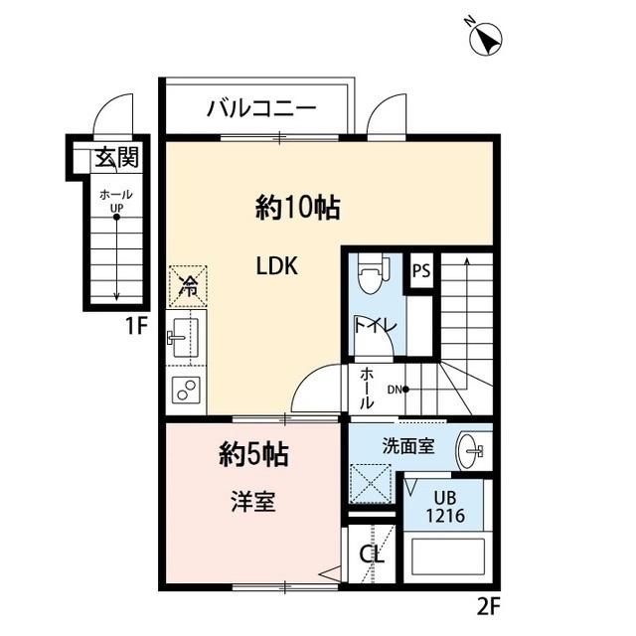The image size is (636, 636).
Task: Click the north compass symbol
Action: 486,38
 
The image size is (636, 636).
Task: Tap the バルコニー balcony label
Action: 261,108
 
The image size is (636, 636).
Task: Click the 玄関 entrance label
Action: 115,157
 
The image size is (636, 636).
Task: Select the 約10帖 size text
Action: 298,208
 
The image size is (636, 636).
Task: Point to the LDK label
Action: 277,266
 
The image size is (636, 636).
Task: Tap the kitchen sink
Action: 185,339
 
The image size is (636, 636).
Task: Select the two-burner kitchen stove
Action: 186,391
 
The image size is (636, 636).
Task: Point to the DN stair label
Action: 394,389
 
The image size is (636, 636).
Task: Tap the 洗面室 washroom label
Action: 405,446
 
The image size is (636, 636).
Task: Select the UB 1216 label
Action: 443,509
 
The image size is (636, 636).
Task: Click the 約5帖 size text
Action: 253,455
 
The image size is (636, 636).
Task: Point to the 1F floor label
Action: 136,326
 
